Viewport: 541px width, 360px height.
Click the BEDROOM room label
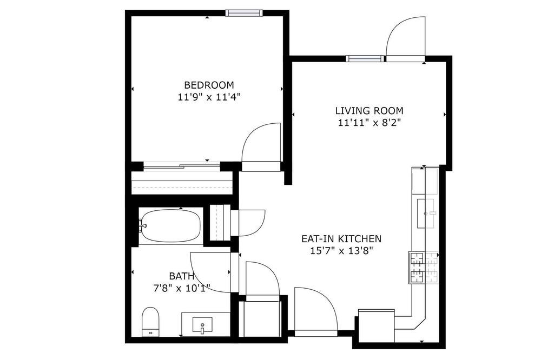point(209,85)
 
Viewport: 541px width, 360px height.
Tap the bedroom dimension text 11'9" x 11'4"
point(209,97)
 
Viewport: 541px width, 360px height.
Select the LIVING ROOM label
point(369,111)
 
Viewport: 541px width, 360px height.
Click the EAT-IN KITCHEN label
point(341,238)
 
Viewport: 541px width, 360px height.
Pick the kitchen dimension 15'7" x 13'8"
point(341,251)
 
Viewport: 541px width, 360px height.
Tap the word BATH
point(181,276)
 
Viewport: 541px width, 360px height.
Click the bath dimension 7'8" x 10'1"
point(181,288)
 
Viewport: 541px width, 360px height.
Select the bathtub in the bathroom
point(170,226)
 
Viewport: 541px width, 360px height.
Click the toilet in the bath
point(150,322)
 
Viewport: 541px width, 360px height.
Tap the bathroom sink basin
point(202,325)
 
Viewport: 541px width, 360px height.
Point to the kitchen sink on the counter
point(427,213)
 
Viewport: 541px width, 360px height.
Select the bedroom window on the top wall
point(245,13)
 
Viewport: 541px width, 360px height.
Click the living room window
point(365,58)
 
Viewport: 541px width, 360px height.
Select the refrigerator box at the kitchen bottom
point(377,326)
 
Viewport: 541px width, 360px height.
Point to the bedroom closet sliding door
point(181,168)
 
